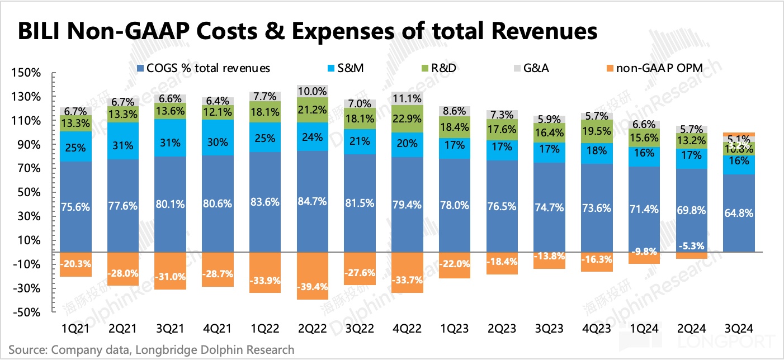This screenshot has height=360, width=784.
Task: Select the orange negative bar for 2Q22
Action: pyautogui.click(x=313, y=276)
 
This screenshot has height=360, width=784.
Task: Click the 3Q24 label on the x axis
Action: pyautogui.click(x=738, y=326)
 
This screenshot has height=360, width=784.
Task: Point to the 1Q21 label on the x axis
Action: pyautogui.click(x=75, y=326)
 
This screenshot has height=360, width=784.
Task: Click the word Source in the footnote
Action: pyautogui.click(x=27, y=350)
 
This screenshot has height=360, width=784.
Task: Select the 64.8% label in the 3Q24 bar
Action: pyautogui.click(x=738, y=214)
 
